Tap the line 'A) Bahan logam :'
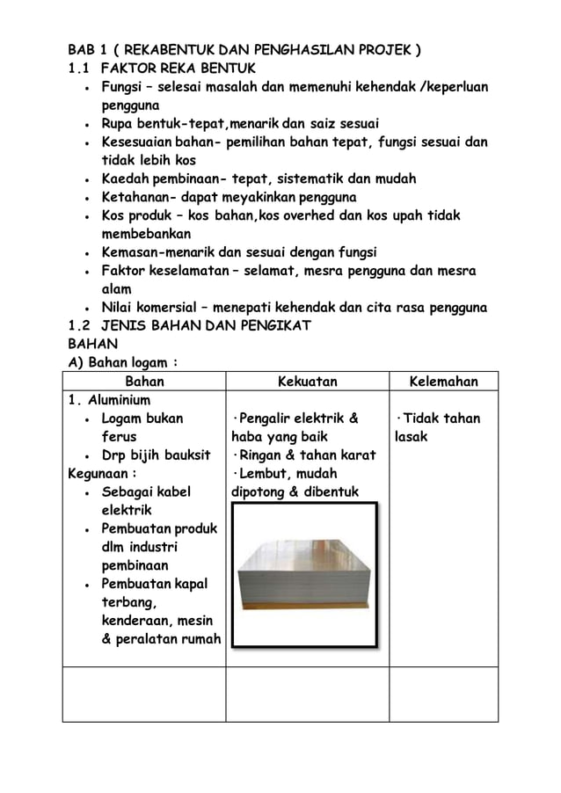[x=124, y=363]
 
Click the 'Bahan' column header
[x=145, y=382]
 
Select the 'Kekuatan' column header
[x=307, y=382]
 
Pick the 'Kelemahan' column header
[x=443, y=382]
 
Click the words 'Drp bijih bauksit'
[x=156, y=455]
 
